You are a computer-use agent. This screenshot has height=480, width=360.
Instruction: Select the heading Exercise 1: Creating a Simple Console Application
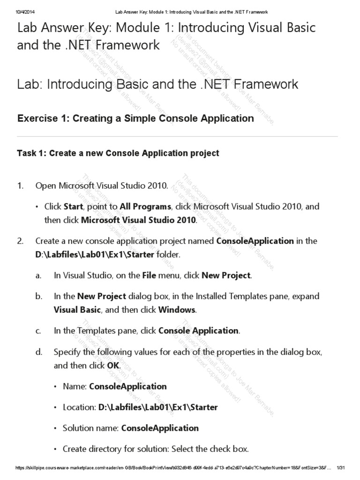(135, 119)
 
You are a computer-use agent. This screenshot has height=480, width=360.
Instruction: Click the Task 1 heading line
(118, 153)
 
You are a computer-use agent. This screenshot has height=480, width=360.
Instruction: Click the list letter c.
(38, 331)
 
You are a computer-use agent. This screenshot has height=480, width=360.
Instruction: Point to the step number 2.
(20, 241)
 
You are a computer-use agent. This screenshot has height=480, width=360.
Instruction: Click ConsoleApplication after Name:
(127, 387)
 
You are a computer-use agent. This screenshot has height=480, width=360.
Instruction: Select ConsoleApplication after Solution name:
(160, 428)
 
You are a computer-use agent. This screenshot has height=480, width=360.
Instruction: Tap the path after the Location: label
(158, 407)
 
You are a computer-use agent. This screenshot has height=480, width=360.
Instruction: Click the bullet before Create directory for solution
(55, 449)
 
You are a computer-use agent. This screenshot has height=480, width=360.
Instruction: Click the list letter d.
(38, 352)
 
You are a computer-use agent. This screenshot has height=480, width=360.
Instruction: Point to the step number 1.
(20, 186)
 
